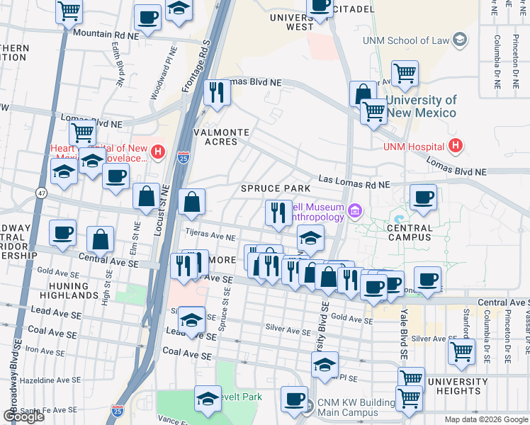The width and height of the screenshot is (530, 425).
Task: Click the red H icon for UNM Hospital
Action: click(x=456, y=147)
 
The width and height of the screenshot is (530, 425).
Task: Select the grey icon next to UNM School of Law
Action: click(x=461, y=39)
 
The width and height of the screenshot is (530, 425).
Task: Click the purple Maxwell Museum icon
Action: click(x=354, y=210)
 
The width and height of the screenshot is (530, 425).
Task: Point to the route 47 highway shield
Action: click(x=42, y=193)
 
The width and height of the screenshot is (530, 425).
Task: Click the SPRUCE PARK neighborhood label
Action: click(x=276, y=188)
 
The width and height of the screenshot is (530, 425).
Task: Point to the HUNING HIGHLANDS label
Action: click(x=69, y=291)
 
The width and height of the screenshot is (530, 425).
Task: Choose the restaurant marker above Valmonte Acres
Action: click(x=215, y=92)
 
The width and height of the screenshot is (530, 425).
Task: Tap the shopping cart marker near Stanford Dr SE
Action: click(x=461, y=349)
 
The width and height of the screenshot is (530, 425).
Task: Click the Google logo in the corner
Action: click(x=23, y=416)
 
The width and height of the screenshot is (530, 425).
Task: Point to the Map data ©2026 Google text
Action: click(x=486, y=419)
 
